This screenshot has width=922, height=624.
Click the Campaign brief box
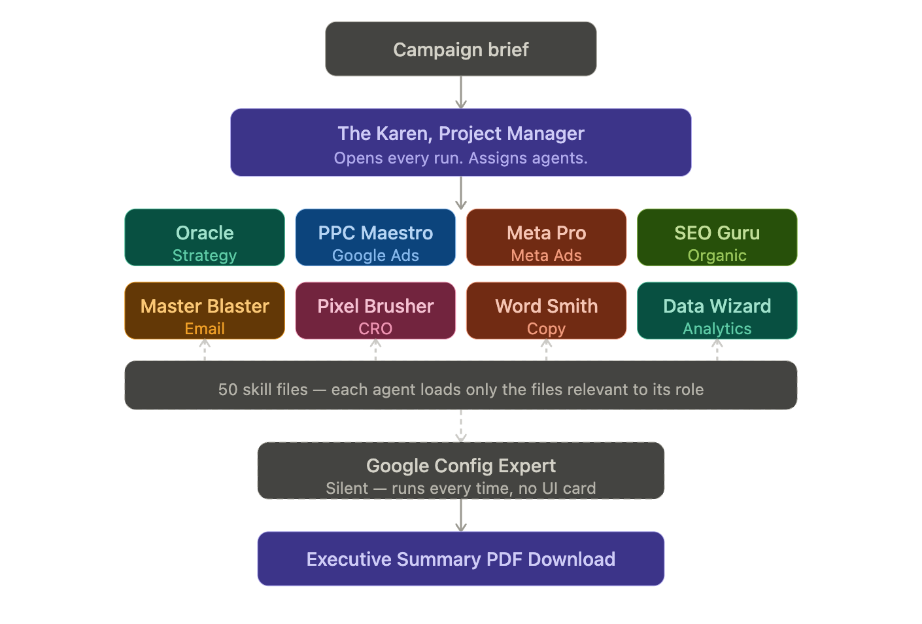(x=460, y=49)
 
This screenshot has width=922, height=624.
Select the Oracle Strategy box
(x=205, y=237)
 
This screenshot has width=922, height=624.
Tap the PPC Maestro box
(x=375, y=237)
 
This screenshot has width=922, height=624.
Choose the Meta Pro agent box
(x=546, y=237)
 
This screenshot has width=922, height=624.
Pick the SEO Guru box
(x=717, y=237)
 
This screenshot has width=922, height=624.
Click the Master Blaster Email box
(x=205, y=311)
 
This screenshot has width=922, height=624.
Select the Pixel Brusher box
(x=375, y=311)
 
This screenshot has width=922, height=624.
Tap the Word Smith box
(x=546, y=311)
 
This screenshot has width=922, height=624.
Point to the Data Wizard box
(x=717, y=311)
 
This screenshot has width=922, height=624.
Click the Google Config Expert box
(x=460, y=471)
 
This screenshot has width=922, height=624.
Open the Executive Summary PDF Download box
(x=460, y=559)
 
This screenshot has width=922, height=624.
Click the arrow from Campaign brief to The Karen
(x=461, y=92)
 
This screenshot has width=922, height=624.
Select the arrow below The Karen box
(x=461, y=193)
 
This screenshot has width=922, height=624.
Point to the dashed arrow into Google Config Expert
(x=461, y=426)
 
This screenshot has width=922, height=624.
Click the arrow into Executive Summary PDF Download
(x=461, y=515)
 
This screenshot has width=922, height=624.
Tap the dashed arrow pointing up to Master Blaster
(x=205, y=350)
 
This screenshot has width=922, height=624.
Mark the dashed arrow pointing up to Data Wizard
(x=717, y=350)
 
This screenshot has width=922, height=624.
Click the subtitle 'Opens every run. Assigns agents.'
(x=460, y=158)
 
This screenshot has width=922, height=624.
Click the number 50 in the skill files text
(x=228, y=390)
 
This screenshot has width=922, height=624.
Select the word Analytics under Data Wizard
(x=717, y=329)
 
